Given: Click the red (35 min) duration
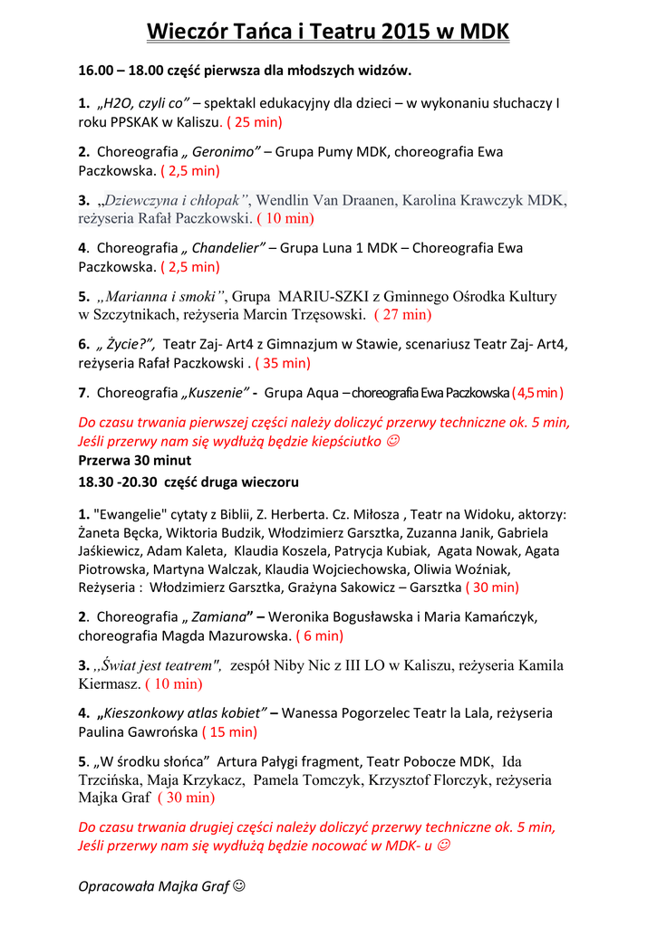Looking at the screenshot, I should pyautogui.click(x=283, y=363).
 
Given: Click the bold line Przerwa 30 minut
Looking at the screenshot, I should pyautogui.click(x=135, y=460).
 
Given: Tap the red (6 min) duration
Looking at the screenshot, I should pyautogui.click(x=319, y=636).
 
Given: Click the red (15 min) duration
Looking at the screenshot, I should pyautogui.click(x=229, y=731).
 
